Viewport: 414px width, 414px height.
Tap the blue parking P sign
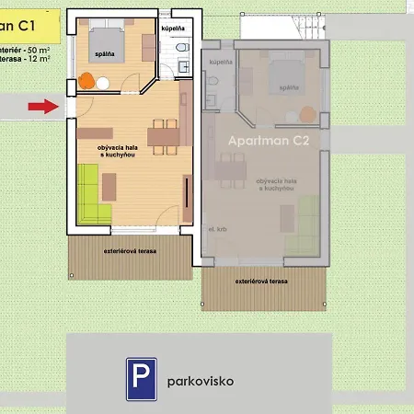pyautogui.click(x=141, y=378)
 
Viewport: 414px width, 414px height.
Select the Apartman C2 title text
pyautogui.click(x=264, y=144)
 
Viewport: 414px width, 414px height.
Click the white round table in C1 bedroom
pyautogui.click(x=103, y=83)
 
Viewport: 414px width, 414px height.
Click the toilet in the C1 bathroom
pyautogui.click(x=180, y=47)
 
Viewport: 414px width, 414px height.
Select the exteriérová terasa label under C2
pyautogui.click(x=261, y=279)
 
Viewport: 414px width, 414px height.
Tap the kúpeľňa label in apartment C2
pyautogui.click(x=220, y=62)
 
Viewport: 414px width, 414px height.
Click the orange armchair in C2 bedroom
pyautogui.click(x=306, y=114)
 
